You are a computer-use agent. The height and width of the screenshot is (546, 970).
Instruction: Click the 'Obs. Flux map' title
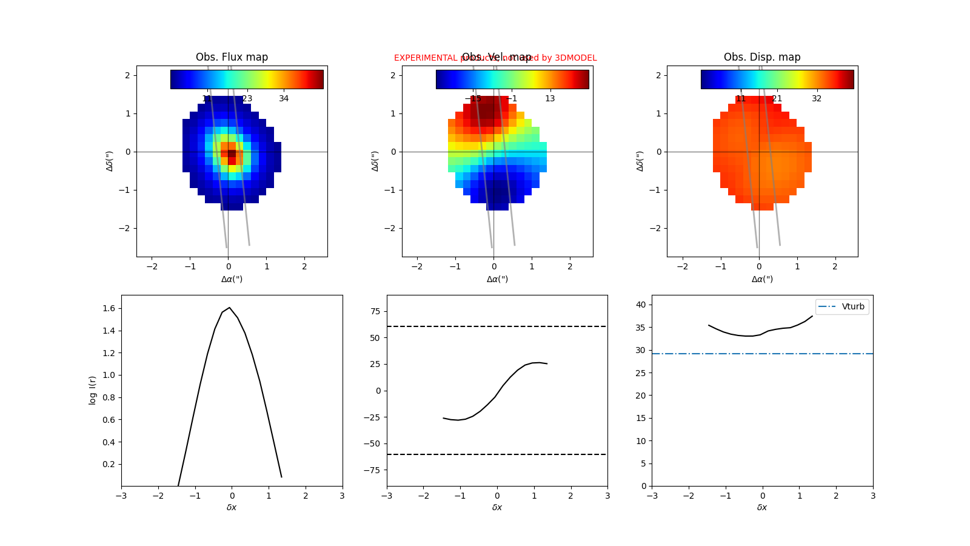click(232, 57)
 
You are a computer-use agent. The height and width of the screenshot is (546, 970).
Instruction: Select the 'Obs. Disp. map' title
click(762, 57)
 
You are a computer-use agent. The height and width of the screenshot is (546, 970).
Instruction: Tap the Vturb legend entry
click(842, 307)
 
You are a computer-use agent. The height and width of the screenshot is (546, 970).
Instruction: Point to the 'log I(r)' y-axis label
click(93, 390)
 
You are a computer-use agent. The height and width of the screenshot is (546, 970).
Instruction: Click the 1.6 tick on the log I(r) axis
click(109, 308)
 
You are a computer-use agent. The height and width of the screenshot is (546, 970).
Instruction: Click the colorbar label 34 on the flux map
click(284, 98)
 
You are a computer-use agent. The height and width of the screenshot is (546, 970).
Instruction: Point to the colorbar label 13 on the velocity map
click(549, 98)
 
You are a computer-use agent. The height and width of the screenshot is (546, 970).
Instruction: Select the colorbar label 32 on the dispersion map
click(817, 98)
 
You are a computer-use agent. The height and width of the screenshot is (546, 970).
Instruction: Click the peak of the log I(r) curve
click(229, 308)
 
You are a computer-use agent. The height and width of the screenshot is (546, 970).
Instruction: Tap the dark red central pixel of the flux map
click(232, 153)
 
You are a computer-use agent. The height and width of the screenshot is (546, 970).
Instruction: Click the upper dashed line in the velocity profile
click(497, 326)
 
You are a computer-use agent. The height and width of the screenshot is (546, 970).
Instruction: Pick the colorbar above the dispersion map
click(777, 79)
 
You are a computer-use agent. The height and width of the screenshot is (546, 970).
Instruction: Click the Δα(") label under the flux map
click(232, 279)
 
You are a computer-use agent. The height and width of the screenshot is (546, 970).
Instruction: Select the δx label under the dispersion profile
click(762, 507)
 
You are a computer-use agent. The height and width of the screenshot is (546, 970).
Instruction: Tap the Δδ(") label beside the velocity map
click(375, 161)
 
